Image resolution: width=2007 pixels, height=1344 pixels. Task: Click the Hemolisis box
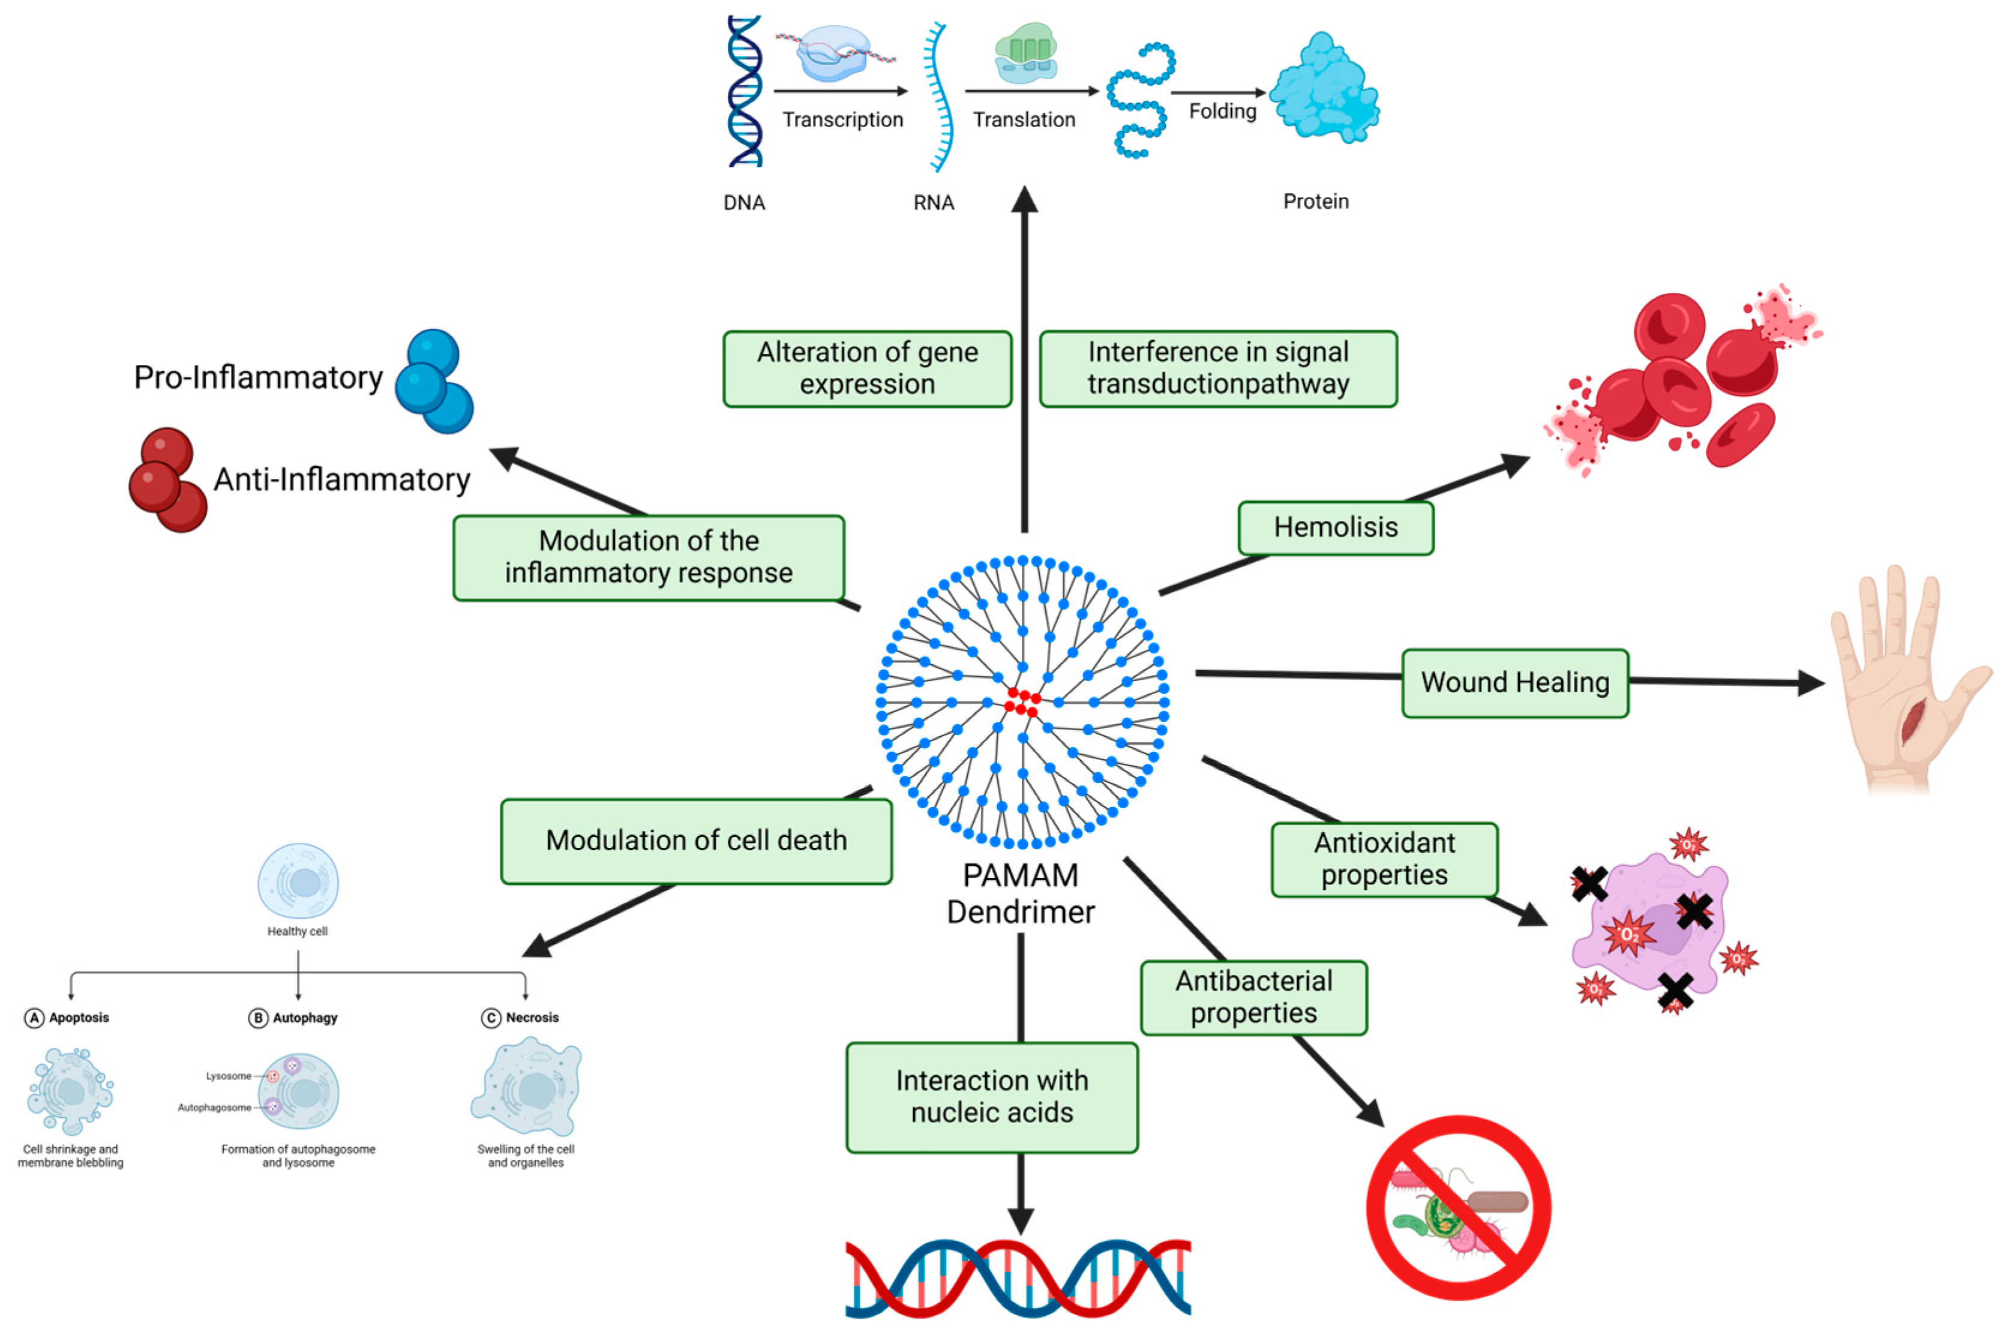(1334, 528)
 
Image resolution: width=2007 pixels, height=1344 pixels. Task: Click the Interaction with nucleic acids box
(992, 1097)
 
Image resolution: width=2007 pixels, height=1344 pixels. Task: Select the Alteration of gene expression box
(866, 368)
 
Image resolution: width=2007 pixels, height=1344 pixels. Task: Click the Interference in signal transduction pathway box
(1218, 368)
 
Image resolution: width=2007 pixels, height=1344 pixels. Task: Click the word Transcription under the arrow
(842, 120)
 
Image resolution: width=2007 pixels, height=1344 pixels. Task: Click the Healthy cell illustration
(298, 881)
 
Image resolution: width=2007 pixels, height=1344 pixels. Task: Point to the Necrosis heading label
(532, 1018)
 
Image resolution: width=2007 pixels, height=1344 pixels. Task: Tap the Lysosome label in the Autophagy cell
(228, 1076)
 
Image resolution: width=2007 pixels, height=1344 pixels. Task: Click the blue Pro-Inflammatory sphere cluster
(434, 382)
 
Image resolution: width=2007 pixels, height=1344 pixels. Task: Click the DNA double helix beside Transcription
(744, 91)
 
